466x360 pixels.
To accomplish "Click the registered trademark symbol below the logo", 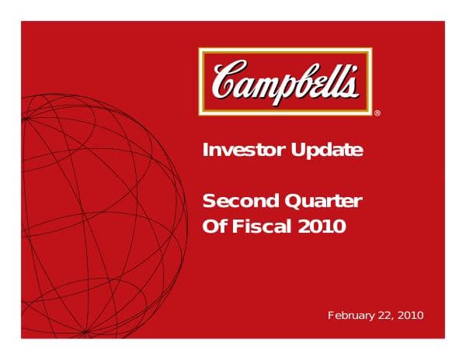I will [x=377, y=113].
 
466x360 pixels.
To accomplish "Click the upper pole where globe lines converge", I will [x=24, y=118].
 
